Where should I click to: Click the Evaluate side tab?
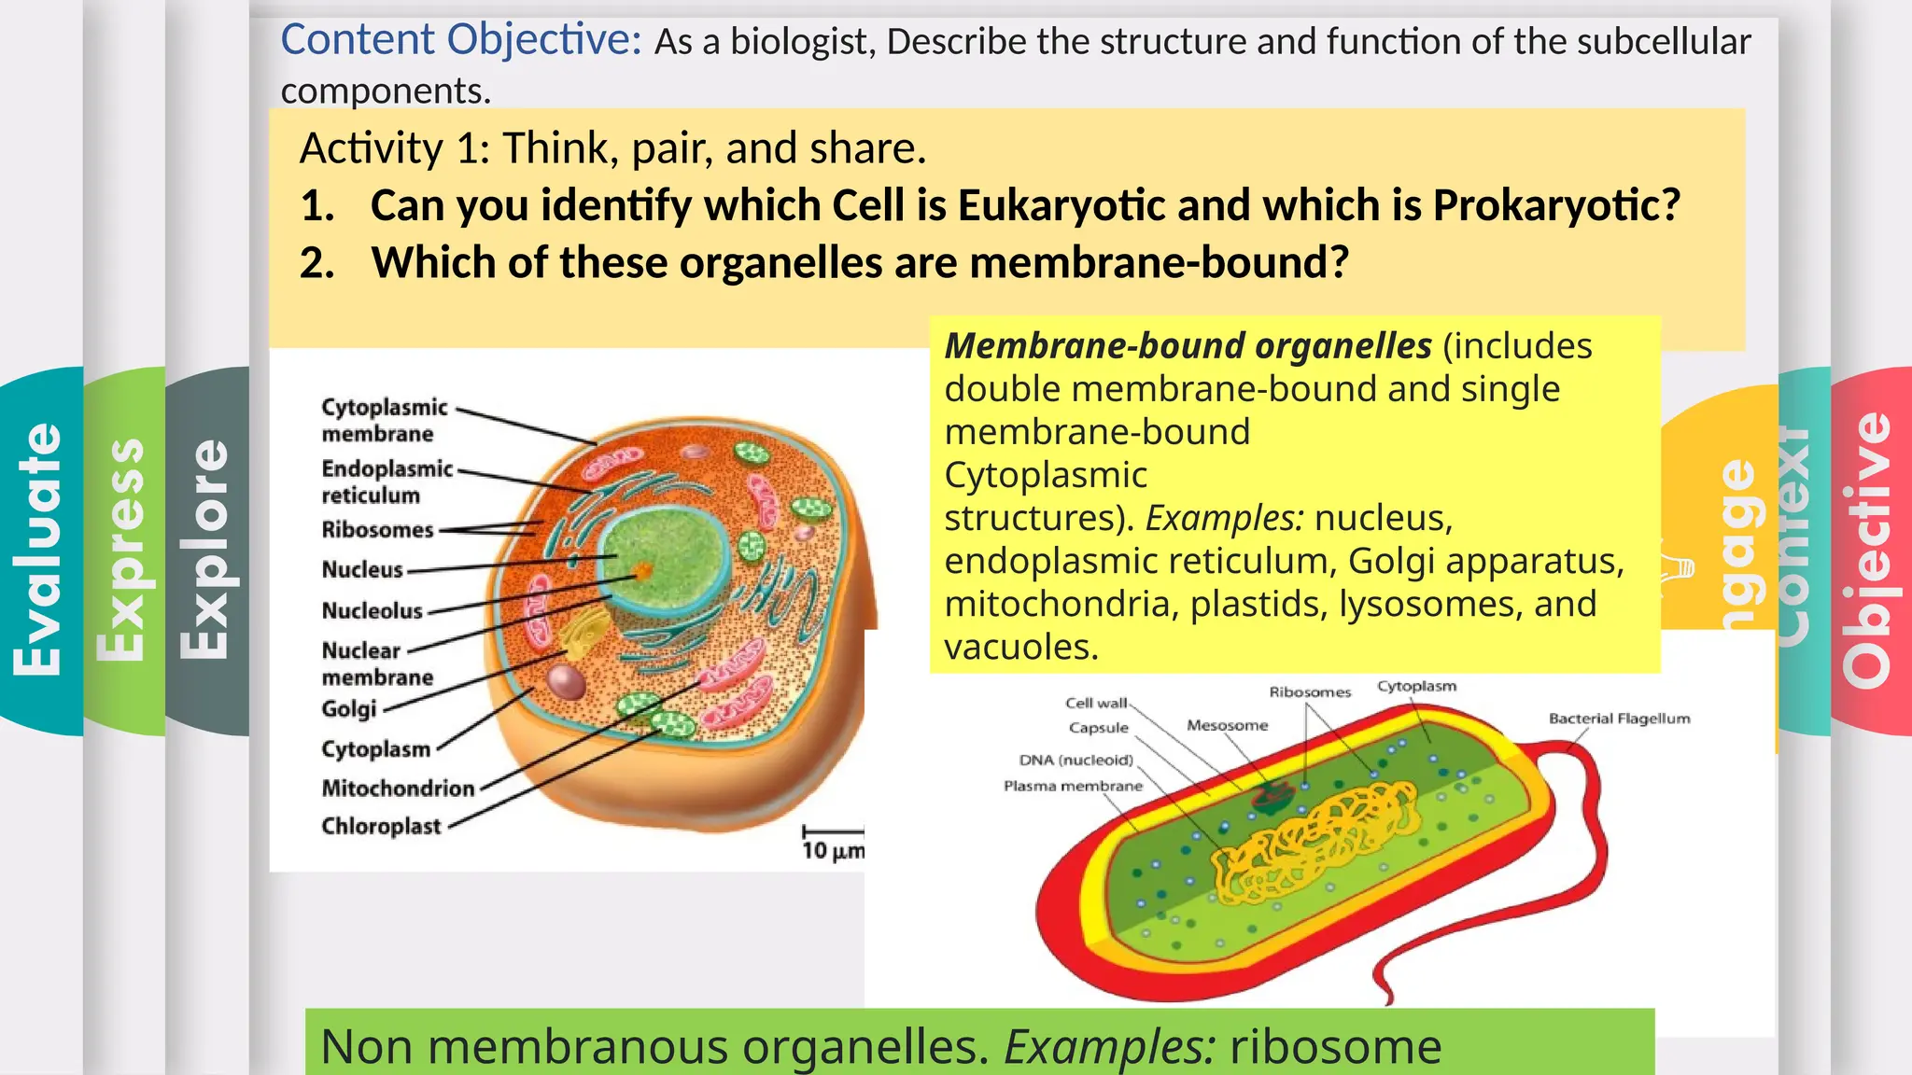(x=39, y=551)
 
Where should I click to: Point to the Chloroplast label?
(x=381, y=827)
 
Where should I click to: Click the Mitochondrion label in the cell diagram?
(x=398, y=789)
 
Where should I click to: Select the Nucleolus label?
(x=372, y=611)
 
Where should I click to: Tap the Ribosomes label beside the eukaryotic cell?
(x=377, y=530)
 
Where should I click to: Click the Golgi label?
(x=348, y=709)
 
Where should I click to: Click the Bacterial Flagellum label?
(x=1619, y=719)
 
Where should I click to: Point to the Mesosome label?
(x=1227, y=725)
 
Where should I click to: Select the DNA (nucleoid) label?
(x=1075, y=760)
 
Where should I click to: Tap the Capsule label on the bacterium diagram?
(x=1098, y=728)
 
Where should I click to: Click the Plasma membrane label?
(x=1073, y=786)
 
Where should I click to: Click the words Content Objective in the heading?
(x=461, y=40)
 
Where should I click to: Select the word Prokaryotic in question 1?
(x=1555, y=205)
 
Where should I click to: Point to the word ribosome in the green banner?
(x=1335, y=1046)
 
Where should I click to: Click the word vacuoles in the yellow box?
(x=1020, y=647)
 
